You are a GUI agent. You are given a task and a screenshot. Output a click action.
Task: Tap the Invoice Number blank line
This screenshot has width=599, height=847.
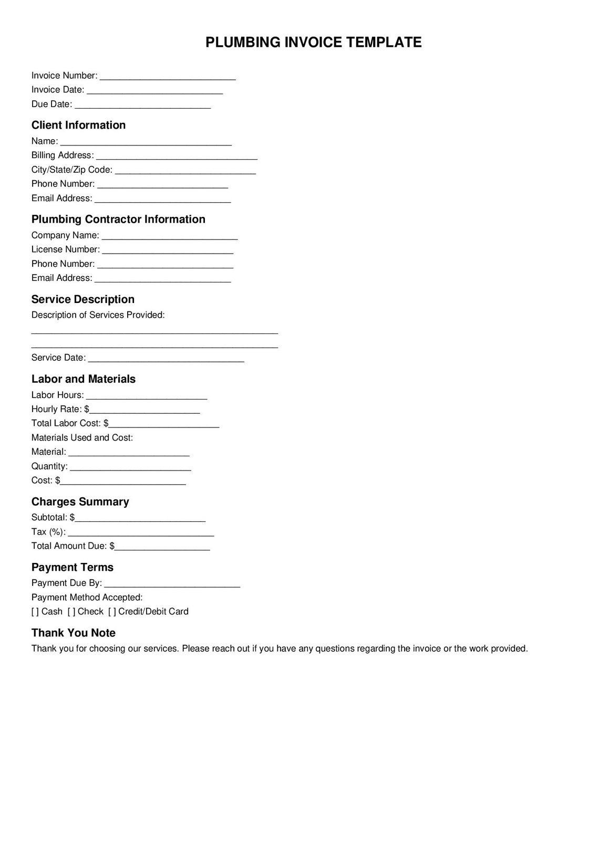[x=168, y=77]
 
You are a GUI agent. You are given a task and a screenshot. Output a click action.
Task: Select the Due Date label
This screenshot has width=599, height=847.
[x=51, y=104]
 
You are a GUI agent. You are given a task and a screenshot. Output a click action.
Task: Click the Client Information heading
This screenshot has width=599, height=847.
[x=78, y=125]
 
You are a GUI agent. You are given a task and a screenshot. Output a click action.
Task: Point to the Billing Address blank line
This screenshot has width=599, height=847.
[x=177, y=156]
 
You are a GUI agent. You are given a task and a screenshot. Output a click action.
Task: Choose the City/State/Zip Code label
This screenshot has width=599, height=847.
[x=71, y=170]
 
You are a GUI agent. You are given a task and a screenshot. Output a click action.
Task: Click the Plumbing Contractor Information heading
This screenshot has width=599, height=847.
[x=118, y=219]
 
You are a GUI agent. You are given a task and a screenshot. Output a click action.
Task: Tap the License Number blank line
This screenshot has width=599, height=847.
[x=168, y=250]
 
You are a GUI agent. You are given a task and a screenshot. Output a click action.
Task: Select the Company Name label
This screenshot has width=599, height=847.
[x=65, y=235]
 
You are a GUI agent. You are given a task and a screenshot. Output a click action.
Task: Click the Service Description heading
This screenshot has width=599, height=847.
[x=83, y=299]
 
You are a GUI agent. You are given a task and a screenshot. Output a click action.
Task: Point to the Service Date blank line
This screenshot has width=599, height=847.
[x=166, y=359]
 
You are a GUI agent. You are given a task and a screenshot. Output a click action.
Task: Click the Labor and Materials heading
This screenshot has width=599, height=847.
[x=84, y=379]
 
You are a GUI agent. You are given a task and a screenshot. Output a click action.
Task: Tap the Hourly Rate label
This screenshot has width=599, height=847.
[x=57, y=409]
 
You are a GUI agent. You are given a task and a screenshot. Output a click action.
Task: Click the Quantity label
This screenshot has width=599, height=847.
[x=49, y=466]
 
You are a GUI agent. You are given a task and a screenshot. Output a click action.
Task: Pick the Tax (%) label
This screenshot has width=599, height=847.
[x=48, y=531]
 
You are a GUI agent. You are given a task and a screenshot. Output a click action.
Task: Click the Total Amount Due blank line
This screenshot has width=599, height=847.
[x=162, y=547]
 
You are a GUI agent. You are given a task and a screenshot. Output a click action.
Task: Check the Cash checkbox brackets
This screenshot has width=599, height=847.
[x=35, y=611]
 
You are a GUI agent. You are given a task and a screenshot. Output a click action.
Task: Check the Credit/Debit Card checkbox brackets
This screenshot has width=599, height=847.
[x=112, y=611]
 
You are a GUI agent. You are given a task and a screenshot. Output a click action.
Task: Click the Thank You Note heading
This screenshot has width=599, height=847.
[x=74, y=633]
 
